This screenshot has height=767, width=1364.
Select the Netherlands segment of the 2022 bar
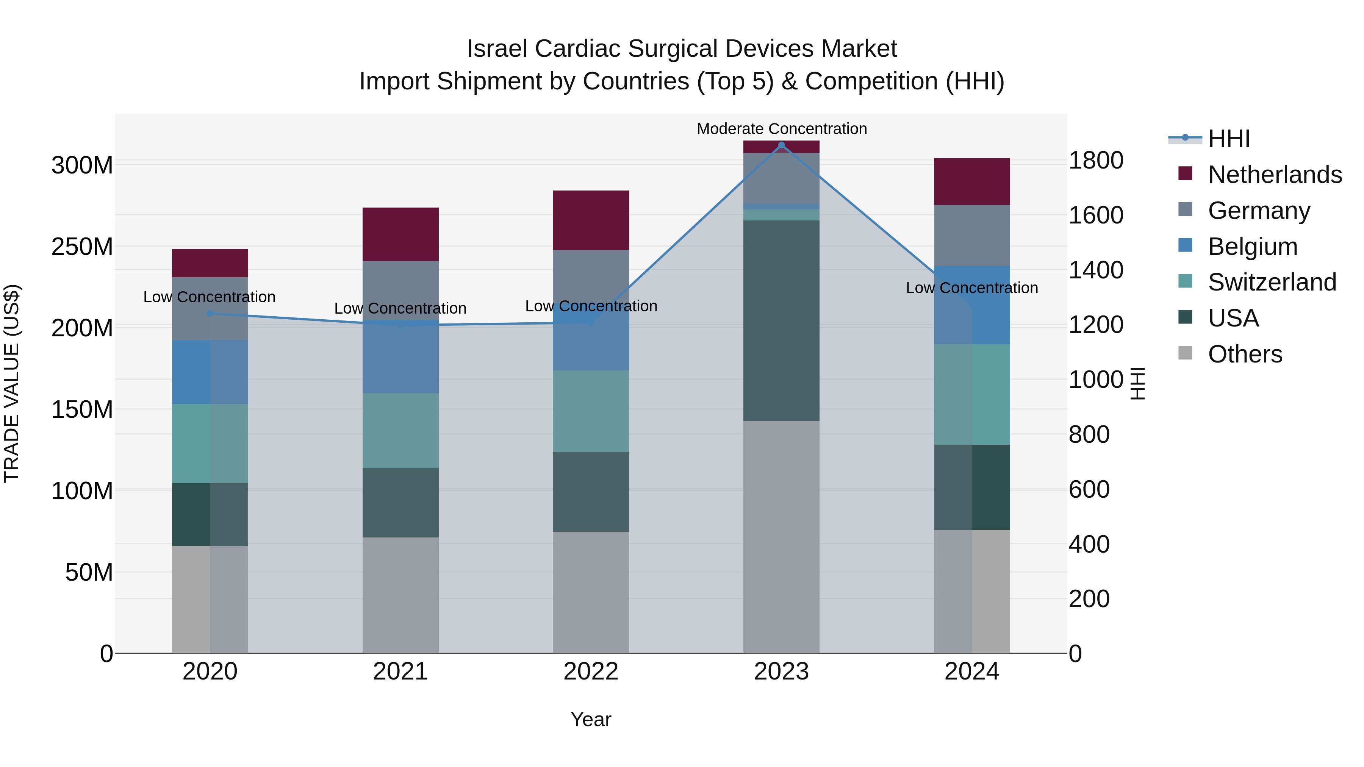point(591,220)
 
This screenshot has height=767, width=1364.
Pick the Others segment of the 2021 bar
point(400,595)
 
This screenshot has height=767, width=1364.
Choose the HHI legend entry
point(1228,139)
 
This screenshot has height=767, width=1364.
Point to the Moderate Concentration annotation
point(782,129)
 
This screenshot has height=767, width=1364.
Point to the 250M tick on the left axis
point(82,247)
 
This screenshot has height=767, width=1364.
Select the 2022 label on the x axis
point(591,672)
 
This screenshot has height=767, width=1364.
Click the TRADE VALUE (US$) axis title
point(12,383)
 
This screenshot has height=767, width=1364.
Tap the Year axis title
point(591,719)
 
